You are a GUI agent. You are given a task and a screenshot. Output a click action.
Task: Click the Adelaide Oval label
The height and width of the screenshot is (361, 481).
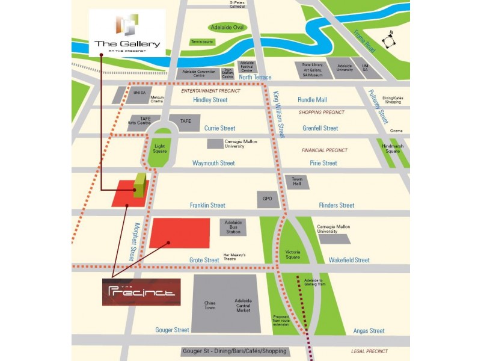[x=228, y=28]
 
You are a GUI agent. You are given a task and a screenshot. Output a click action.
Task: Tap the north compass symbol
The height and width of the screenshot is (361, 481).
[x=390, y=41]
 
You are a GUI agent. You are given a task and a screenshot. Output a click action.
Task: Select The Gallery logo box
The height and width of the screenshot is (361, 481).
[x=127, y=33]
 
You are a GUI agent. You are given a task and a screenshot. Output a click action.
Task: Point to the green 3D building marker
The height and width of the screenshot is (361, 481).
[x=139, y=186]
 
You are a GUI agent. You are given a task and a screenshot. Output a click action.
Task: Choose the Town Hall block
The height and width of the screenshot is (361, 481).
[x=297, y=181]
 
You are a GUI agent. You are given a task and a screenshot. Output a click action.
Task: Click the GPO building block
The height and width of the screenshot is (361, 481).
[x=268, y=199]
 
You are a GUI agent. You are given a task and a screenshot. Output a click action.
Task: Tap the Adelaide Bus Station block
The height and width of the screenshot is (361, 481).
[x=233, y=227]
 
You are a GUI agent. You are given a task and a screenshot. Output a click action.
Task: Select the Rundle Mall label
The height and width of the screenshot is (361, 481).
[x=312, y=100]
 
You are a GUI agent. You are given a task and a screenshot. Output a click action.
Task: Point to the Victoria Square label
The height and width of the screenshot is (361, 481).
[x=293, y=254]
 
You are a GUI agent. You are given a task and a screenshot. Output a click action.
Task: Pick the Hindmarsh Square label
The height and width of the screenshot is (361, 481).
[x=393, y=149]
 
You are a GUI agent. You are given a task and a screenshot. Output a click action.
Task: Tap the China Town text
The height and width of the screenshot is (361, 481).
[x=210, y=305]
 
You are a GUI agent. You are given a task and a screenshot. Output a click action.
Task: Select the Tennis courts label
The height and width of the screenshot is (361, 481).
[x=202, y=42]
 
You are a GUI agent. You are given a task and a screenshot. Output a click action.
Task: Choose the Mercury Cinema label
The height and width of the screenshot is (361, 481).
[x=157, y=99]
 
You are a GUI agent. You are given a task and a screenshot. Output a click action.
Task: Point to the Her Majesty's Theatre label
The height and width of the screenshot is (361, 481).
[x=234, y=256]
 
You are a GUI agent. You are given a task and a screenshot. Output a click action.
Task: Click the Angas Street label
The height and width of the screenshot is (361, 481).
[x=369, y=331]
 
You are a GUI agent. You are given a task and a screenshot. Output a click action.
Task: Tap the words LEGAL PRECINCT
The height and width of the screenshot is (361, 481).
[x=370, y=351]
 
